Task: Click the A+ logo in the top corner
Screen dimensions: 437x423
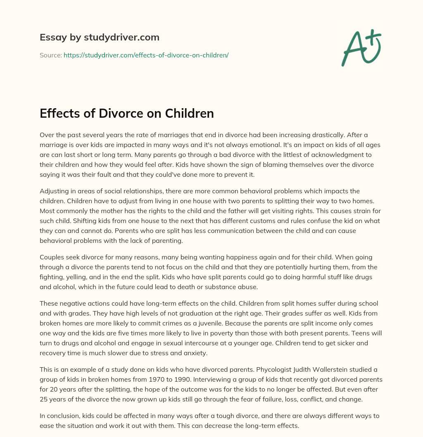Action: coord(361,47)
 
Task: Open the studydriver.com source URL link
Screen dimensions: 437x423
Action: coord(146,55)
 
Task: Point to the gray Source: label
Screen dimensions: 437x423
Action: coord(50,55)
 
